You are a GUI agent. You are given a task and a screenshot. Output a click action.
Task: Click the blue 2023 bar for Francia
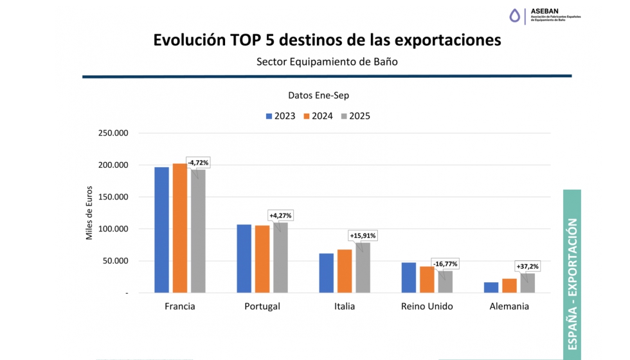(161, 230)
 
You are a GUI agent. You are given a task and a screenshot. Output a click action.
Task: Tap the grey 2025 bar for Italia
(363, 267)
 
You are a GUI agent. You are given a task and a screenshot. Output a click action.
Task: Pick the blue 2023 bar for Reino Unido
(409, 277)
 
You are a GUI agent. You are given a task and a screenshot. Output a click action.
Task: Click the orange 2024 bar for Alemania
(509, 285)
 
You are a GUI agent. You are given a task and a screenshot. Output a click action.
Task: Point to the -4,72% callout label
(198, 163)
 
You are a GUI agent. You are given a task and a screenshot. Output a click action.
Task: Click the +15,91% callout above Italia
(363, 235)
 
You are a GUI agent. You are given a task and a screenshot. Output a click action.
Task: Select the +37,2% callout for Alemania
(528, 266)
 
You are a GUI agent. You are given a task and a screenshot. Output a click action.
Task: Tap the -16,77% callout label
(446, 264)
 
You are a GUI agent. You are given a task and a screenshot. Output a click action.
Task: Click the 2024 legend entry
(318, 116)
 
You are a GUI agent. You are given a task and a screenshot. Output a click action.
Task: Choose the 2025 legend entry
(355, 116)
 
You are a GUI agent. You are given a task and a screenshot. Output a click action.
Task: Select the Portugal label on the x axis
(262, 307)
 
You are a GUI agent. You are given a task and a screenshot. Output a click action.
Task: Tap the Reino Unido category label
(427, 307)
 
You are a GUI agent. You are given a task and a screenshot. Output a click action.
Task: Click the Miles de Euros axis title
(90, 213)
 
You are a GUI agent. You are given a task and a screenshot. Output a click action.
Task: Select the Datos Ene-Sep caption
(319, 95)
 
